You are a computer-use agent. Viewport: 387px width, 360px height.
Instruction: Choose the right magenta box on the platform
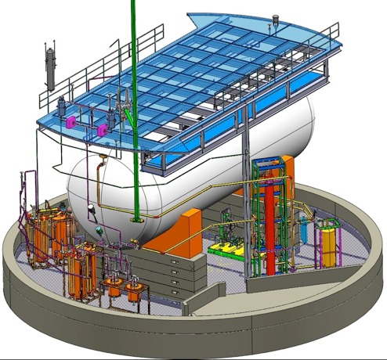pos(101,125)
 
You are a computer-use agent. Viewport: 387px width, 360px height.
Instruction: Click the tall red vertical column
pos(272,227)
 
